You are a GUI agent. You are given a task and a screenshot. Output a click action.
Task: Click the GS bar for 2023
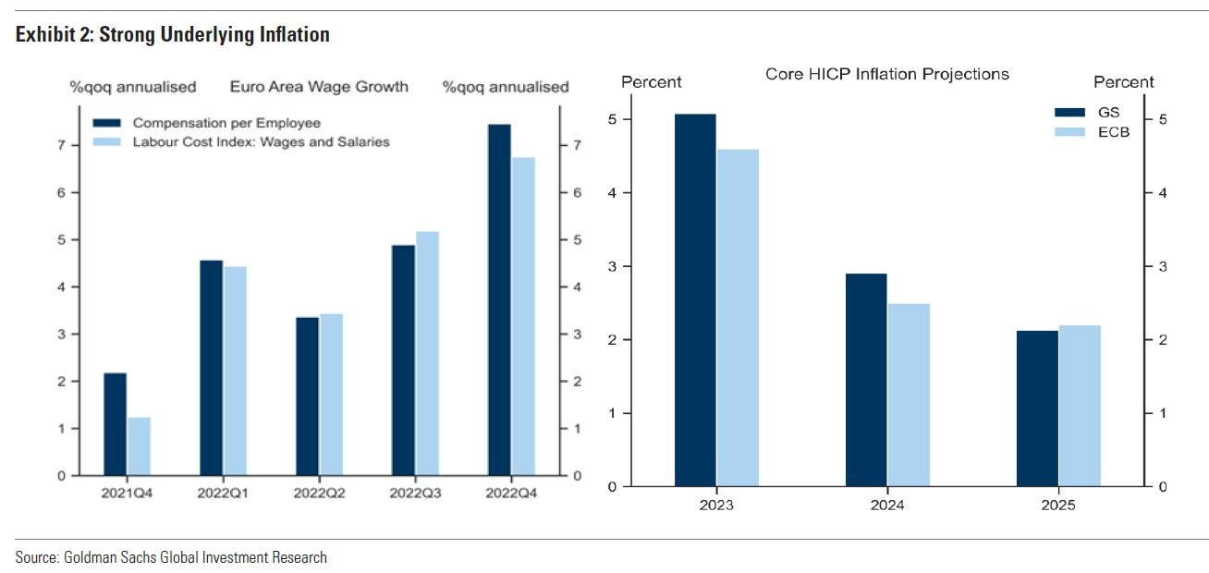(695, 300)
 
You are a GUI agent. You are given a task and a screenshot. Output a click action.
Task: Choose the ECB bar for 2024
(909, 395)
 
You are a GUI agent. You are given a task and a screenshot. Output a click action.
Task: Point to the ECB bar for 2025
(1080, 406)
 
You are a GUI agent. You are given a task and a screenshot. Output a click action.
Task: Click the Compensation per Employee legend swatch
(107, 123)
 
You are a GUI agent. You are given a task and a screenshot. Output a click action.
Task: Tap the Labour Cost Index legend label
(261, 141)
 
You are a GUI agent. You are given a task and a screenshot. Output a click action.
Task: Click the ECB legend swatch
(1069, 132)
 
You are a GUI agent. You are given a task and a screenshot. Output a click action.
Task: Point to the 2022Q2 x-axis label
(319, 494)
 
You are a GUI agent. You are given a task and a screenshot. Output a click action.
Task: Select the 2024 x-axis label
(887, 506)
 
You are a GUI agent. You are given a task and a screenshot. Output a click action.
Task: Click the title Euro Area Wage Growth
(318, 88)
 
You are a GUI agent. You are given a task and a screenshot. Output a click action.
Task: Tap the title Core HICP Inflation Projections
(886, 74)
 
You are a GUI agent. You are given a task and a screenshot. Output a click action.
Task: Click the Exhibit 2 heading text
(172, 36)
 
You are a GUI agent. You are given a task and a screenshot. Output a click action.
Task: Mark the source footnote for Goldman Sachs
(171, 557)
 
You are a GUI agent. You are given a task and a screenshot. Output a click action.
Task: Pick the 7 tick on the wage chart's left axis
(61, 145)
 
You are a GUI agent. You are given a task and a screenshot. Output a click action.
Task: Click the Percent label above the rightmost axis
(1123, 82)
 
